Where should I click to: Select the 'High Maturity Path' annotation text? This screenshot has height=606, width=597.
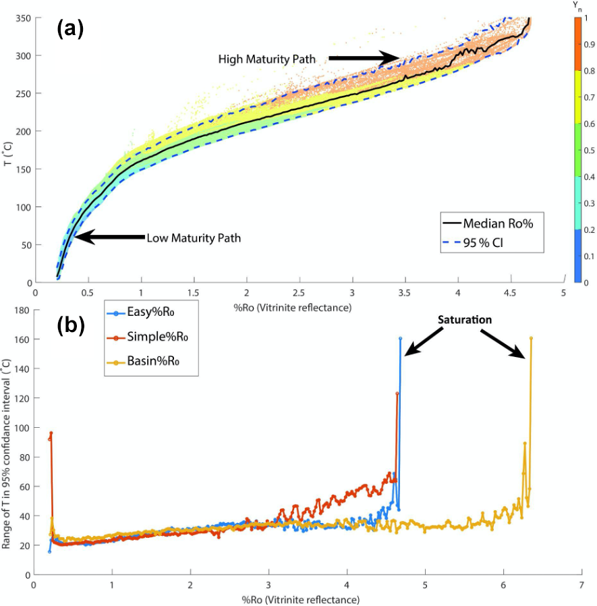pyautogui.click(x=266, y=59)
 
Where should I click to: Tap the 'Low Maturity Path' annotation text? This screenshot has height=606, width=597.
pyautogui.click(x=194, y=238)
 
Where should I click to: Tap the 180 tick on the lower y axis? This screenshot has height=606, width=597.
pyautogui.click(x=22, y=310)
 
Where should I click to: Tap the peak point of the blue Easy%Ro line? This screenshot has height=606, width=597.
pyautogui.click(x=400, y=339)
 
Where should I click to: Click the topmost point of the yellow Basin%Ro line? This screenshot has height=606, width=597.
pyautogui.click(x=531, y=339)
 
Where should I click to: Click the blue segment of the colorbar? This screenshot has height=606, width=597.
pyautogui.click(x=577, y=256)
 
